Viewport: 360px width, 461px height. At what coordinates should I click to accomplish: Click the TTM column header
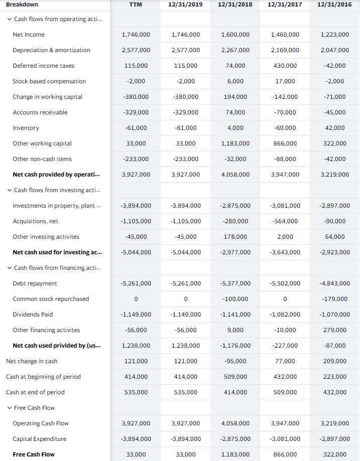[x=136, y=5]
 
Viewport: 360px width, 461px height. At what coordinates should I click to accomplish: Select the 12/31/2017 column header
[x=285, y=5]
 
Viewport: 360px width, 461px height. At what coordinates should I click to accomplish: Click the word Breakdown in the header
[x=22, y=5]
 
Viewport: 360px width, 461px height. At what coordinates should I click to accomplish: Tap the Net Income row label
[x=29, y=35]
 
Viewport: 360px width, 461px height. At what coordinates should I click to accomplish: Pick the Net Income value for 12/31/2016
[x=334, y=35]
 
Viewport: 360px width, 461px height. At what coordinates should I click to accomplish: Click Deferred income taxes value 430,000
[x=285, y=66]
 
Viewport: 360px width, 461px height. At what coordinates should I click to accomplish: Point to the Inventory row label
[x=26, y=128]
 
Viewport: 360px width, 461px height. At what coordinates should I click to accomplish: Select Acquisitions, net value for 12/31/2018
[x=235, y=221]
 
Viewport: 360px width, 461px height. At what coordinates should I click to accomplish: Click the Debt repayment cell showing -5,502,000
[x=285, y=283]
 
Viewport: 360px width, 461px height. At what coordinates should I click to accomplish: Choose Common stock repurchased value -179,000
[x=334, y=299]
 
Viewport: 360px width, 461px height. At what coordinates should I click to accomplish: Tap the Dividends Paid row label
[x=33, y=315]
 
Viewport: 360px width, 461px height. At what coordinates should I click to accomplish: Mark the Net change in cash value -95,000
[x=235, y=361]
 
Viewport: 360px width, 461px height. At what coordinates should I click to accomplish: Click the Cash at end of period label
[x=35, y=392]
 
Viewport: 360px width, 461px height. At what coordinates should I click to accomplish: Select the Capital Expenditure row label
[x=40, y=439]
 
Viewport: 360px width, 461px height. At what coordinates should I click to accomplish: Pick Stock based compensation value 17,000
[x=285, y=81]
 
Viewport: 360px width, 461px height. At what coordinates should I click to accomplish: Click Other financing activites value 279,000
[x=334, y=330]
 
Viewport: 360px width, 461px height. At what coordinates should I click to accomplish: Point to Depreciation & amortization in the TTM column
[x=136, y=50]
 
